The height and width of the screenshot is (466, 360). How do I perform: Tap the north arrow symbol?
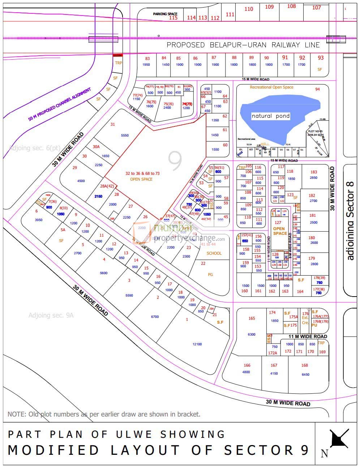tap(339, 439)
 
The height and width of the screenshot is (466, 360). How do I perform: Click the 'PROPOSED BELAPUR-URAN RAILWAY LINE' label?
tap(243, 45)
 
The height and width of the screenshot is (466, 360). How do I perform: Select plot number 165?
tap(252, 318)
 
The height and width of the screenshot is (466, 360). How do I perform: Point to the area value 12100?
tap(197, 344)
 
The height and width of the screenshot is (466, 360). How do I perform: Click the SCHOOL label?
tap(214, 253)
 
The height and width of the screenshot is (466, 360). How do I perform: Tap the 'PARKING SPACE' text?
tap(165, 14)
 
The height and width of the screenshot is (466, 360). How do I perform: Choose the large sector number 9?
tap(175, 161)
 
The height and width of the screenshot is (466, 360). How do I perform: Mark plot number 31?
tap(113, 124)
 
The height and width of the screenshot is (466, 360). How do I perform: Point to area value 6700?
tap(155, 317)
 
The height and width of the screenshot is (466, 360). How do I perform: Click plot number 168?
tap(305, 365)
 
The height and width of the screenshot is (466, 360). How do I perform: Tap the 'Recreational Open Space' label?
tap(272, 87)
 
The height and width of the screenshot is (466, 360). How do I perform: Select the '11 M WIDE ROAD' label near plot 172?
tap(308, 336)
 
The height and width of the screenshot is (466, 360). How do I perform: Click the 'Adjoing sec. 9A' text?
tap(51, 315)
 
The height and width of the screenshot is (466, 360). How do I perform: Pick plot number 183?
tap(313, 172)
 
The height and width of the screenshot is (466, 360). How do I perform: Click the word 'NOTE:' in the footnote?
tap(17, 414)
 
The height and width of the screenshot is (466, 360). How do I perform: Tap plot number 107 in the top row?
tap(317, 7)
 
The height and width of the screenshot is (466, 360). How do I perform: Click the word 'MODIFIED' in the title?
tap(53, 450)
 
